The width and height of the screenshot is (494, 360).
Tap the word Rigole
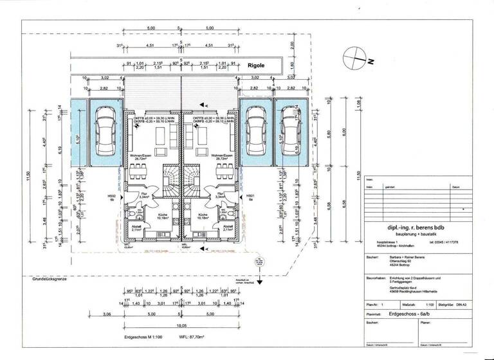(257, 66)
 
